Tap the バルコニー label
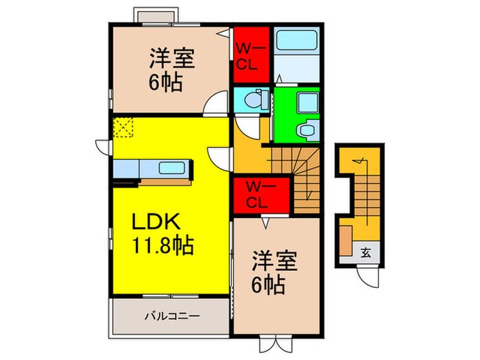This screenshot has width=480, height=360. [171, 317]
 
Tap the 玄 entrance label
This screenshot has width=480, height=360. [365, 252]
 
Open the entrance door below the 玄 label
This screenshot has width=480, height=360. [371, 276]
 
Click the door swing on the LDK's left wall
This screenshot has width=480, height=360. [102, 146]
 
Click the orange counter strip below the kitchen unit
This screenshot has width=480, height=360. [165, 182]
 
